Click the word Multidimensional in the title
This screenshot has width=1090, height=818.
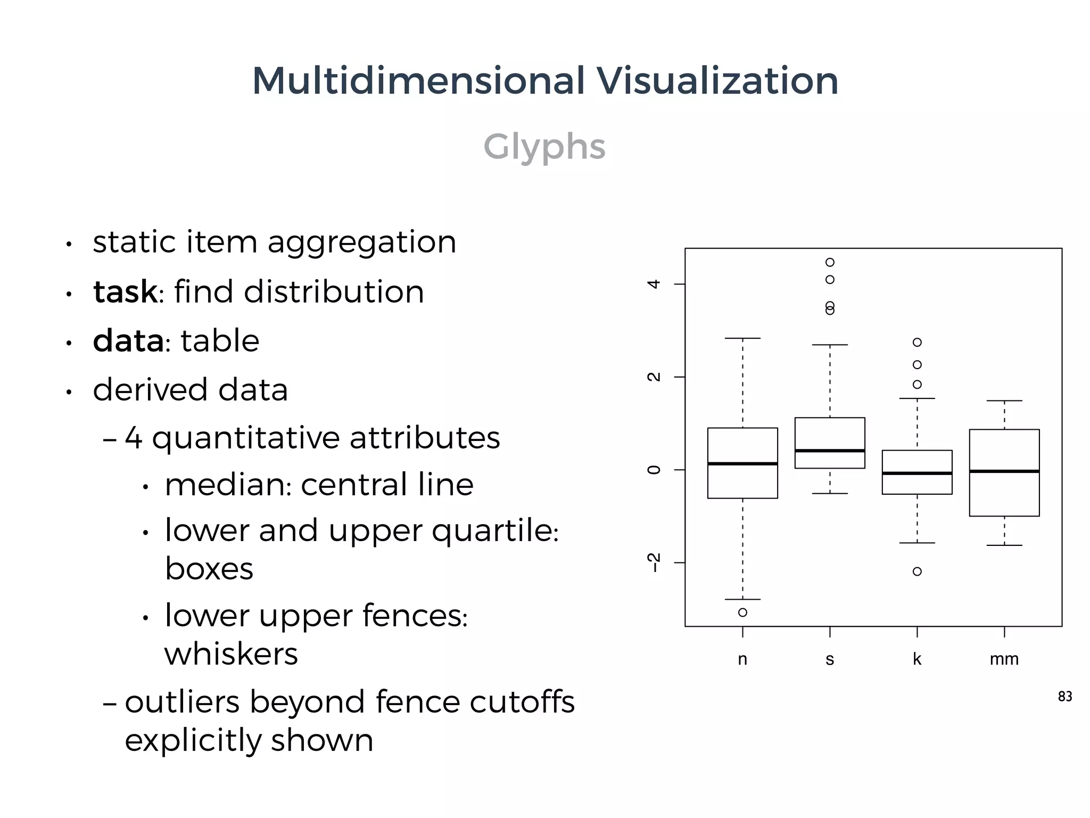[x=418, y=81]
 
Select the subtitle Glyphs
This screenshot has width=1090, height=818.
[x=544, y=146]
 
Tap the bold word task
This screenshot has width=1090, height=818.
[x=125, y=292]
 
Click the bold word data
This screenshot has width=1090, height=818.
[x=128, y=341]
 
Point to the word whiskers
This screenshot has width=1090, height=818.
[x=231, y=654]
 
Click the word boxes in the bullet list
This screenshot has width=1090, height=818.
[x=209, y=569]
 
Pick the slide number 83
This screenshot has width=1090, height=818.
[x=1064, y=697]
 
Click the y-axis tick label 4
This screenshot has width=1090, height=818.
[x=654, y=284]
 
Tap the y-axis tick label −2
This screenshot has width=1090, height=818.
[x=654, y=562]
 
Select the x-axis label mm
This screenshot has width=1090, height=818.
[x=1004, y=659]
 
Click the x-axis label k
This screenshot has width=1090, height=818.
[x=916, y=659]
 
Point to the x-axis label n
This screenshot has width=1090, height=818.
[x=742, y=659]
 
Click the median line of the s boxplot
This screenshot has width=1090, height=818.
[x=830, y=451]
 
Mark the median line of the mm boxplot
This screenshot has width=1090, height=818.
[x=1004, y=471]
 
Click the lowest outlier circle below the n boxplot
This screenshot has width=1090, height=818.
[x=742, y=612]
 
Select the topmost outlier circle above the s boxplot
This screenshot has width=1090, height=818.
[x=830, y=262]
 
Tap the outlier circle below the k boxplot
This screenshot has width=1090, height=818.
[x=917, y=571]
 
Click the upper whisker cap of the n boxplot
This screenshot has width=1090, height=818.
[x=742, y=338]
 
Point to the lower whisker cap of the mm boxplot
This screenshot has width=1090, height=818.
[x=1004, y=545]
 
